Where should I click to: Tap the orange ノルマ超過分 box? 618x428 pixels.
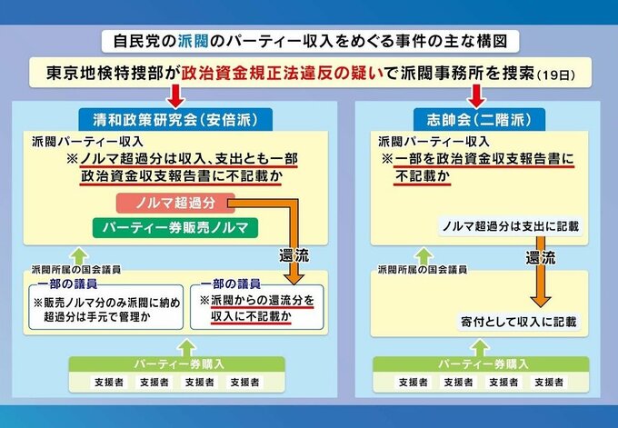click(x=175, y=203)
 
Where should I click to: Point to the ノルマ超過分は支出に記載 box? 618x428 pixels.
click(x=511, y=225)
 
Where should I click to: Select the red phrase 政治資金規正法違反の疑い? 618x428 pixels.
click(x=282, y=74)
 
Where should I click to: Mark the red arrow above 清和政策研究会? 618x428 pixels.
click(x=174, y=96)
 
